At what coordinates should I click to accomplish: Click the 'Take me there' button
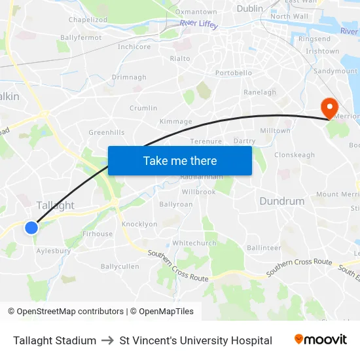pos(180,160)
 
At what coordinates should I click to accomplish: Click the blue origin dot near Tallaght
pos(31,227)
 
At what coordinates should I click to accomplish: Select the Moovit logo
pos(321,340)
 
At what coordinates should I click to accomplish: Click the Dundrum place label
pos(282,202)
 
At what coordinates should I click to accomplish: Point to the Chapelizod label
pos(88,20)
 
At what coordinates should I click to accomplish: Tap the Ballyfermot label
pos(81,38)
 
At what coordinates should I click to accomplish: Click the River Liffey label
pos(198,24)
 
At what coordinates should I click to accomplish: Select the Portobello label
pos(234,73)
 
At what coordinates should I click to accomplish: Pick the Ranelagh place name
pos(260,92)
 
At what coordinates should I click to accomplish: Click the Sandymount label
pos(336,71)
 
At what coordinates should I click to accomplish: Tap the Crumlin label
pos(143,108)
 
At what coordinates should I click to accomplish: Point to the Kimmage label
pos(176,122)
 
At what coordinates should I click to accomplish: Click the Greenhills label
pos(106,132)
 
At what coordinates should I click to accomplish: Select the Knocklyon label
pos(139,224)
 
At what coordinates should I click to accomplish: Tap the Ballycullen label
pos(120,266)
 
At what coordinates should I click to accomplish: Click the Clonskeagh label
pos(295,155)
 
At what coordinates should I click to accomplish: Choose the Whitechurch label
pos(194,243)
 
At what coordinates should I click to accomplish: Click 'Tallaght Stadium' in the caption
pos(54,340)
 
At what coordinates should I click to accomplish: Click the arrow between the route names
pos(108,340)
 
